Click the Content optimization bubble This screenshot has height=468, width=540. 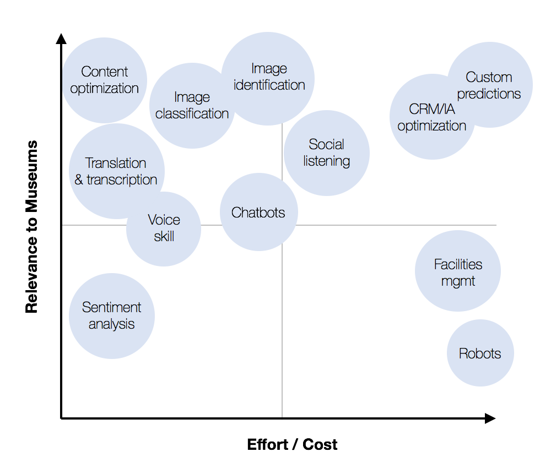[x=104, y=80]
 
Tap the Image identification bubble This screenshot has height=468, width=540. [x=268, y=78]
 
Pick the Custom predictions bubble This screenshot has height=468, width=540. [x=490, y=85]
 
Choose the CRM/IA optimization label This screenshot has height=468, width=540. [x=432, y=117]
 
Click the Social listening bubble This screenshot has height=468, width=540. [x=326, y=153]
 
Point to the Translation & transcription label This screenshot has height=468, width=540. [x=116, y=171]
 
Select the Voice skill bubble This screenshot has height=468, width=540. [x=164, y=229]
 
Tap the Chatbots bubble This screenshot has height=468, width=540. [x=258, y=212]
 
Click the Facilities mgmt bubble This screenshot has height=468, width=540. [x=458, y=271]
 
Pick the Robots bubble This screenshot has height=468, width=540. [x=480, y=353]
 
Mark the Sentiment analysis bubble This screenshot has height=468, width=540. [x=111, y=316]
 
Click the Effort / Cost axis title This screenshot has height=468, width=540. [x=292, y=444]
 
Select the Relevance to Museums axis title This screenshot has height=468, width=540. [x=31, y=226]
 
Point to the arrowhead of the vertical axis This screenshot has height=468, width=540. [x=61, y=39]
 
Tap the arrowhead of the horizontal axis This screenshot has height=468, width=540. [x=490, y=418]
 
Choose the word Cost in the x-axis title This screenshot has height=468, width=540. [x=320, y=444]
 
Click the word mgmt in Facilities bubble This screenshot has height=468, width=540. [x=458, y=282]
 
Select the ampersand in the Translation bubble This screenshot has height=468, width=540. [x=79, y=179]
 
